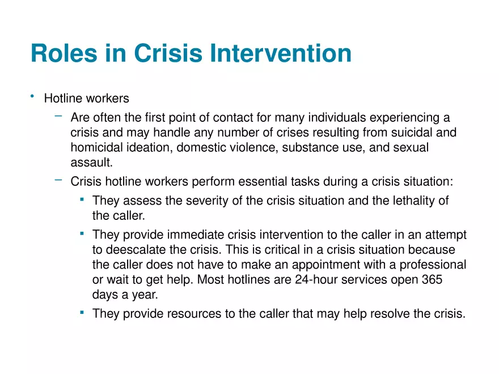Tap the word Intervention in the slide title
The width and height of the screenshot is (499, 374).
coord(281,54)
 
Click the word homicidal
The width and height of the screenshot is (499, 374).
coord(96,147)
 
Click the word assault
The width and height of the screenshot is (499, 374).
coord(91,163)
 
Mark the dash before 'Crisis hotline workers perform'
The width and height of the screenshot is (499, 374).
coord(58,180)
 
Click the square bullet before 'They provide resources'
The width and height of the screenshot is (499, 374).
coord(82,312)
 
